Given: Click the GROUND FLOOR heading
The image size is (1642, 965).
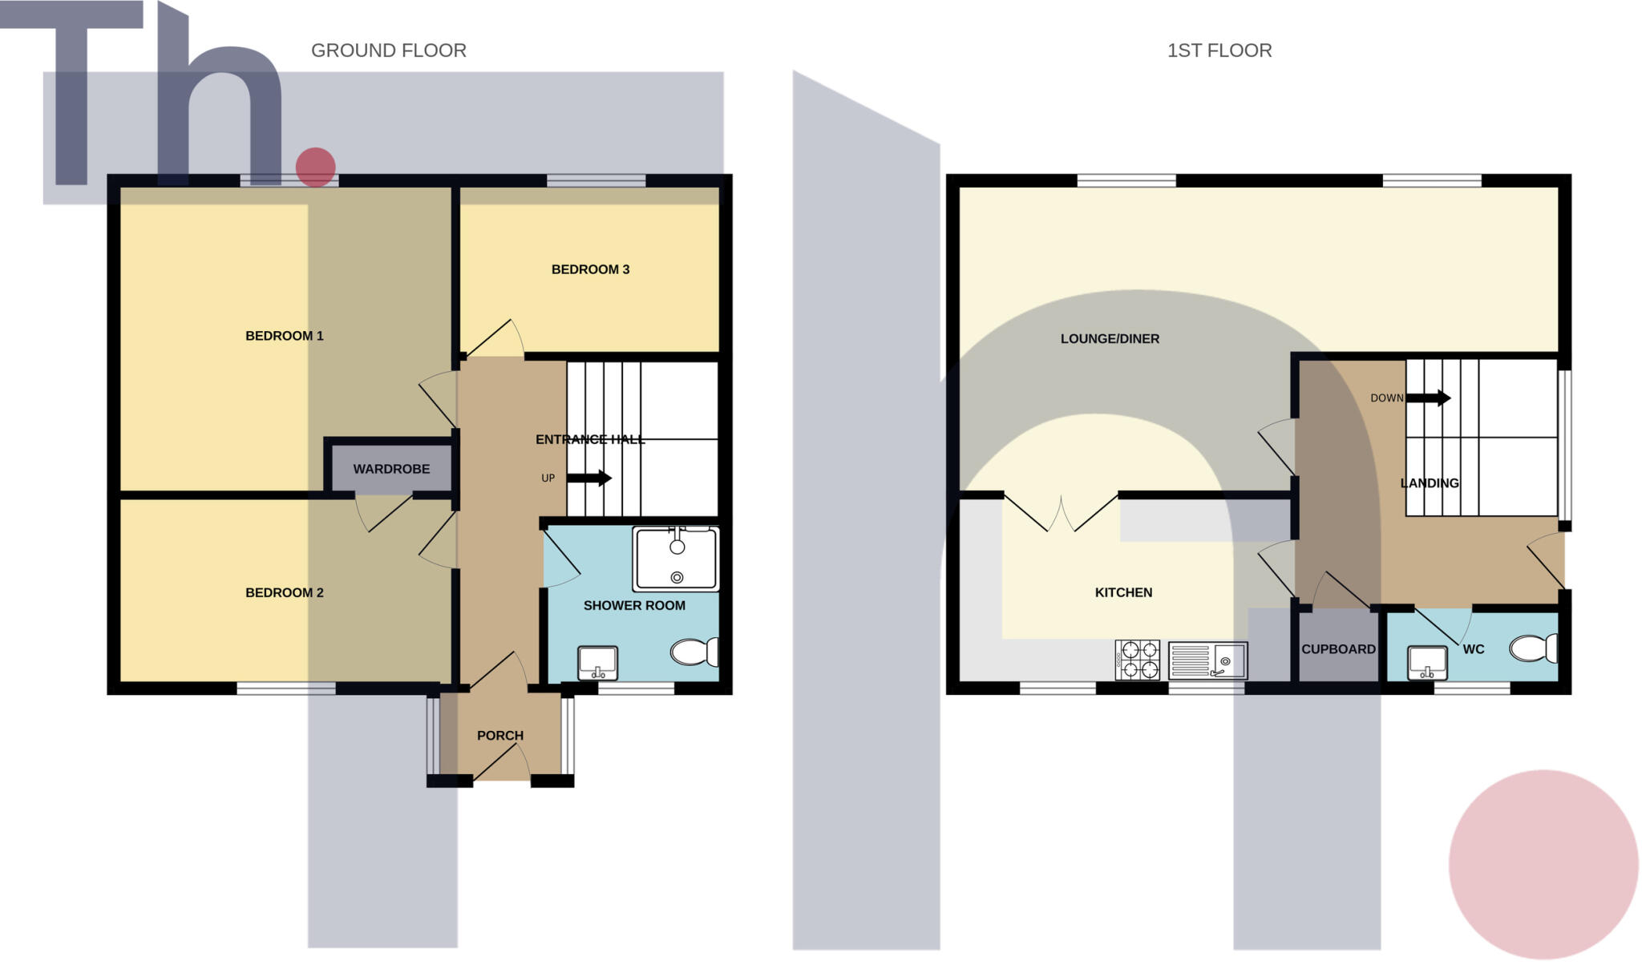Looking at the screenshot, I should (x=388, y=50).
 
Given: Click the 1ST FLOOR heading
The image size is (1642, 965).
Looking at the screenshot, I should (x=1219, y=50).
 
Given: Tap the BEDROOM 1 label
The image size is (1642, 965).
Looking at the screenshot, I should (x=284, y=336).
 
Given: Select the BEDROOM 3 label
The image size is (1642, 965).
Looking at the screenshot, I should (x=590, y=269).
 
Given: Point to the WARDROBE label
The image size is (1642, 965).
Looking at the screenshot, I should (x=391, y=469).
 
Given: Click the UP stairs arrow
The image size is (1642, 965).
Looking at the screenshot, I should (x=589, y=478).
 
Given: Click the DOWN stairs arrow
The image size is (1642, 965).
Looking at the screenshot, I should (x=1429, y=398).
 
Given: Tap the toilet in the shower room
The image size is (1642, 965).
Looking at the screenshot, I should (x=694, y=652).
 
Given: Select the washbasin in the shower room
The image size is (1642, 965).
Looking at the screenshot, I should (x=597, y=662).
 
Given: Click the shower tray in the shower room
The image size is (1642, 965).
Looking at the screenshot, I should (x=675, y=559).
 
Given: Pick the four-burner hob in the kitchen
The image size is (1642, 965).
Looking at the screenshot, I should (x=1137, y=660).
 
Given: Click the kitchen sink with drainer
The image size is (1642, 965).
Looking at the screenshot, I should (x=1207, y=660).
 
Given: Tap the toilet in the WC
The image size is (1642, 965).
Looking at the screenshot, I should (x=1533, y=648).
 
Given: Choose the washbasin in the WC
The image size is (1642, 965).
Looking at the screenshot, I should (x=1427, y=662).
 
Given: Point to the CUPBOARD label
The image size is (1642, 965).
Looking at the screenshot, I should (x=1338, y=649).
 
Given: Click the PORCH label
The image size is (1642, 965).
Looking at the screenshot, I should (x=499, y=736).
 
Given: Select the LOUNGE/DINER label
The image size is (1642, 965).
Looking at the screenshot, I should (x=1110, y=339).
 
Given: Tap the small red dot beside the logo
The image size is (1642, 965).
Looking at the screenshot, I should (x=315, y=167).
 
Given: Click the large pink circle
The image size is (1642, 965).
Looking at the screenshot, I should (x=1543, y=864).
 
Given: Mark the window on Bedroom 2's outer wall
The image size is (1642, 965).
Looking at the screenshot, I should (x=285, y=688).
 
